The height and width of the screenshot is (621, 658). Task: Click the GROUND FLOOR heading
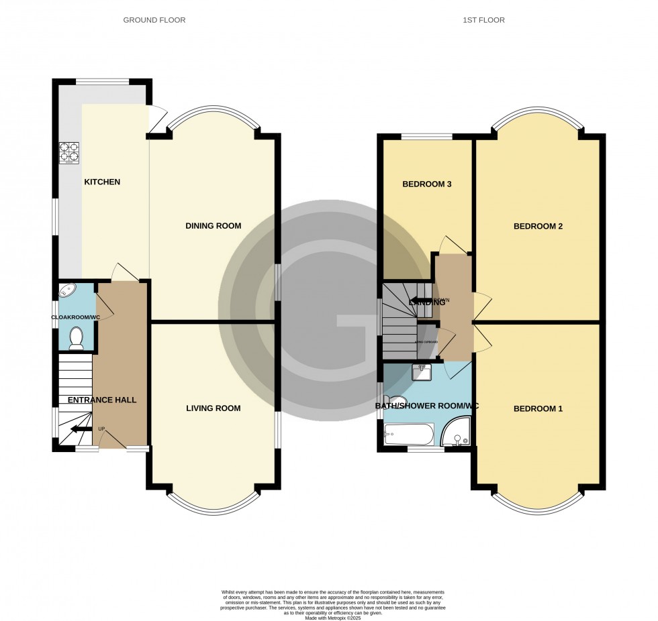point(154,20)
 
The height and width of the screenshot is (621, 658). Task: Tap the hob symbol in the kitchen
point(69,154)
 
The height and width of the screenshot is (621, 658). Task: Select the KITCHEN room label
point(102,182)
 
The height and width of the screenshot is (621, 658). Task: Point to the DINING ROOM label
point(213,226)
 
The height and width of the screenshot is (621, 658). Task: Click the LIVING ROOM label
point(213,408)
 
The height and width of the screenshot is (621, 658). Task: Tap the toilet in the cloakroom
point(76,337)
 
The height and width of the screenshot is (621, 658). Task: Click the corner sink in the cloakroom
point(67,291)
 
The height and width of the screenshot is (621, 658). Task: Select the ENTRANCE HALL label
point(102,400)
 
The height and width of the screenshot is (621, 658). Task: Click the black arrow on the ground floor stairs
point(83,429)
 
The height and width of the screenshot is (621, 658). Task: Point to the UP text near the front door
point(101,429)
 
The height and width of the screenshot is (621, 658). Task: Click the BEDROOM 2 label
point(538,226)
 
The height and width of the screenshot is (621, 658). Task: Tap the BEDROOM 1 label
point(538,409)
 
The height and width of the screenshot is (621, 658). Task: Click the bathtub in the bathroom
point(408,435)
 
